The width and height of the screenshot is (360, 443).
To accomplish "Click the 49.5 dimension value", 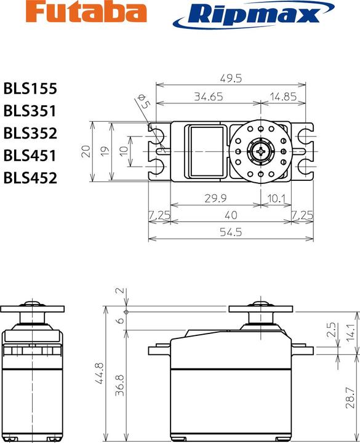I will pos(233,78).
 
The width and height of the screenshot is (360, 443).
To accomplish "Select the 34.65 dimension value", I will pos(208,96).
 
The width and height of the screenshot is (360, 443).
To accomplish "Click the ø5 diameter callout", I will pos(143,102).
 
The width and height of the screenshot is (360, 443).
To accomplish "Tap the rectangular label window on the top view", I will pos(206,151).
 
